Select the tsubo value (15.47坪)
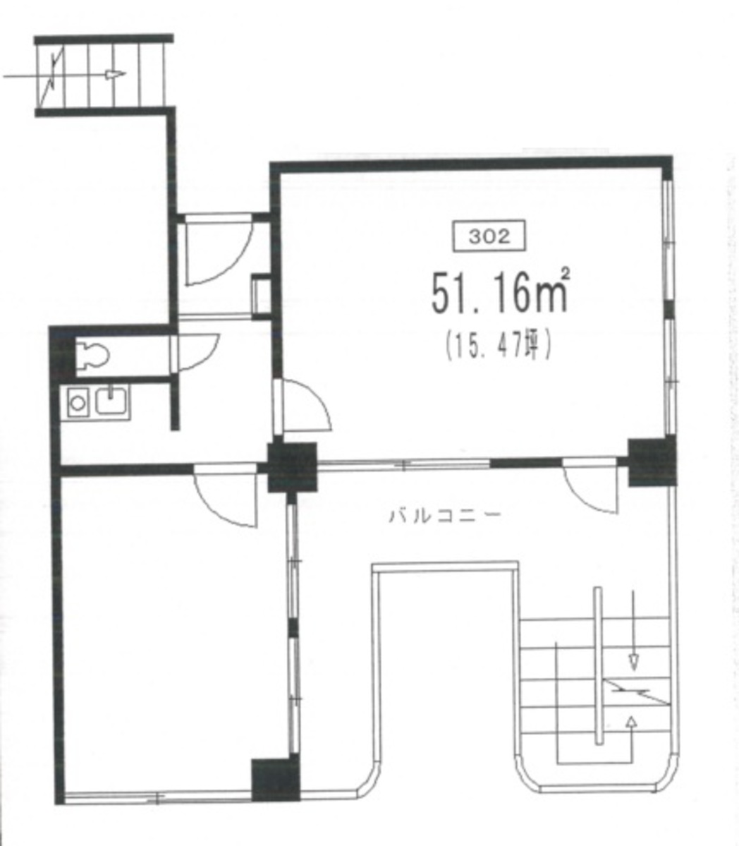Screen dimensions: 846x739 pyautogui.click(x=498, y=346)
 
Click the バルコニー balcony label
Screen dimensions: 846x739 pyautogui.click(x=445, y=515)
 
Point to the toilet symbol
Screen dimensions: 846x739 pyautogui.click(x=90, y=355)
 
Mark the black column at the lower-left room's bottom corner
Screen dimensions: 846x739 pyautogui.click(x=276, y=779)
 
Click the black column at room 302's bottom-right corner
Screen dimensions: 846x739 pyautogui.click(x=652, y=462)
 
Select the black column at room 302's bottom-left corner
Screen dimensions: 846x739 pyautogui.click(x=293, y=466)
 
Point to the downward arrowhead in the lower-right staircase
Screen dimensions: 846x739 pyautogui.click(x=633, y=661)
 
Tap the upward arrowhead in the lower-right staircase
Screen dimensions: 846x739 pyautogui.click(x=630, y=720)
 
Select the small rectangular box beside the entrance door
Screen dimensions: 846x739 pyautogui.click(x=261, y=294)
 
